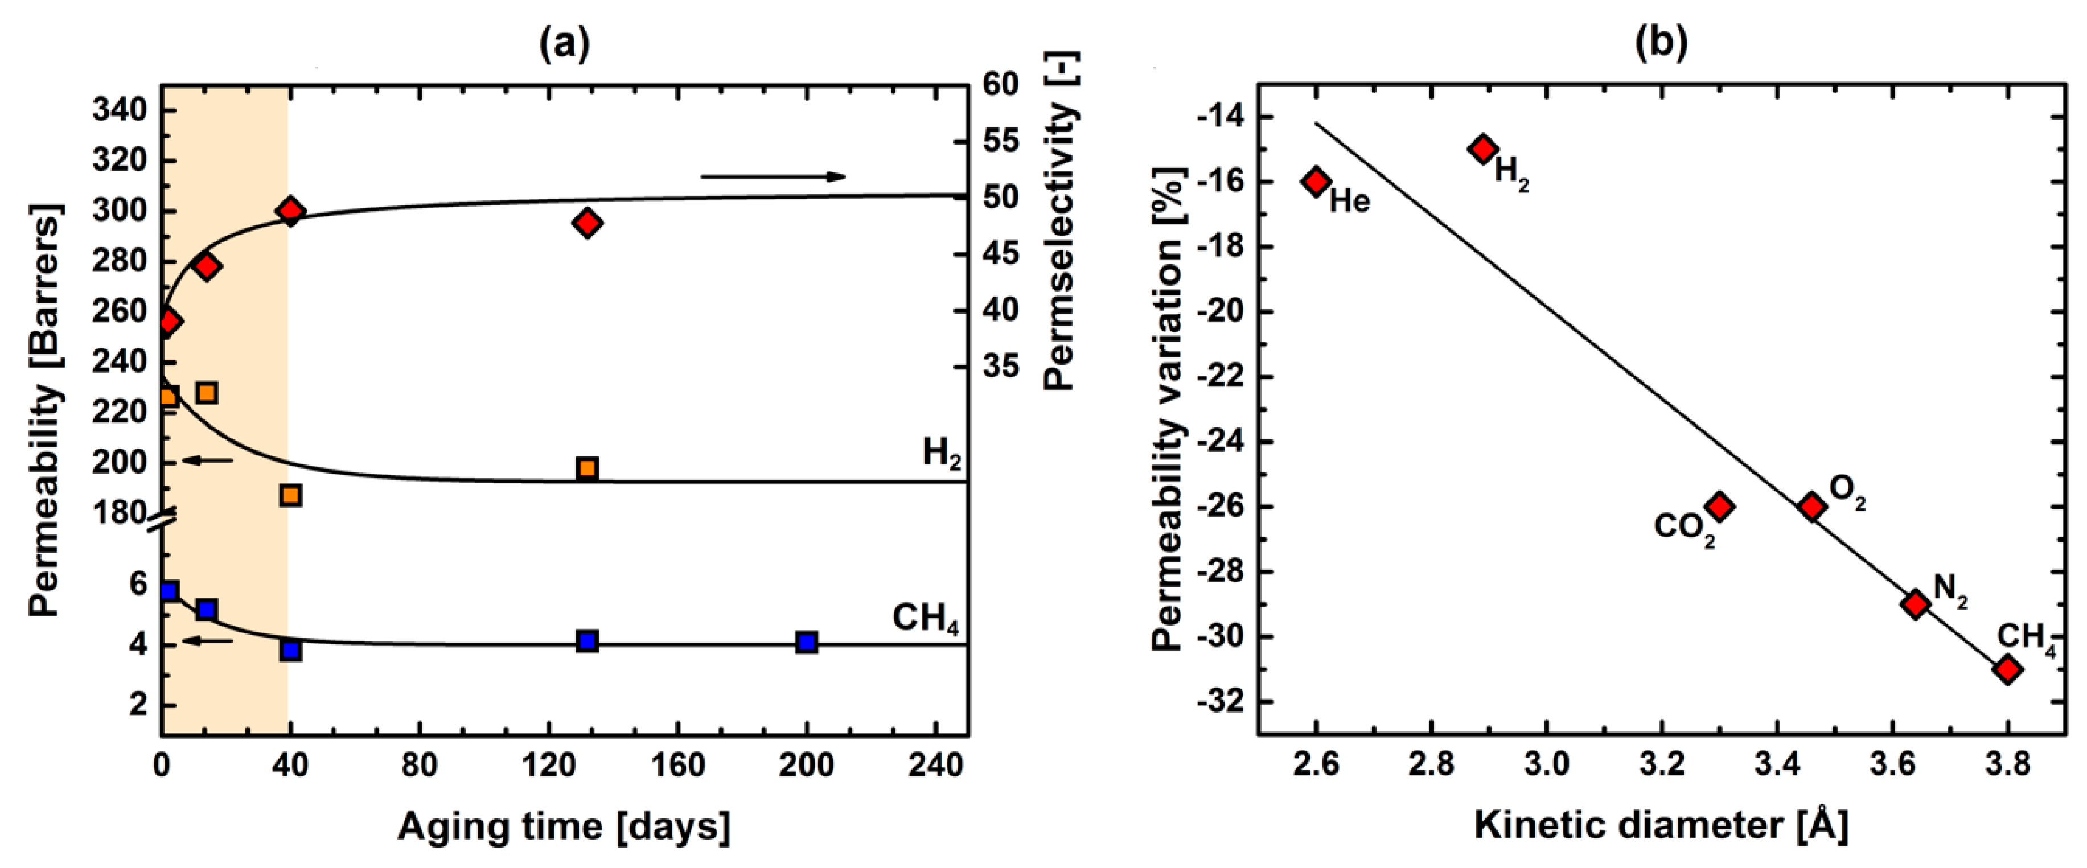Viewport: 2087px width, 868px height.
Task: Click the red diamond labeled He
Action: (x=1317, y=182)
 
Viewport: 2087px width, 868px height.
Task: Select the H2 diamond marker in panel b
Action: (x=1484, y=149)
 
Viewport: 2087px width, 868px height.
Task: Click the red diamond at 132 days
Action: (x=588, y=223)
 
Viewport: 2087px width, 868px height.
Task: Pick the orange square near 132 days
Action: (x=588, y=468)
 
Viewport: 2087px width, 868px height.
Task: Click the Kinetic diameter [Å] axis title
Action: (x=1661, y=826)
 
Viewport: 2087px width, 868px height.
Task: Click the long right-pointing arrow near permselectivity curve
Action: (x=773, y=176)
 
